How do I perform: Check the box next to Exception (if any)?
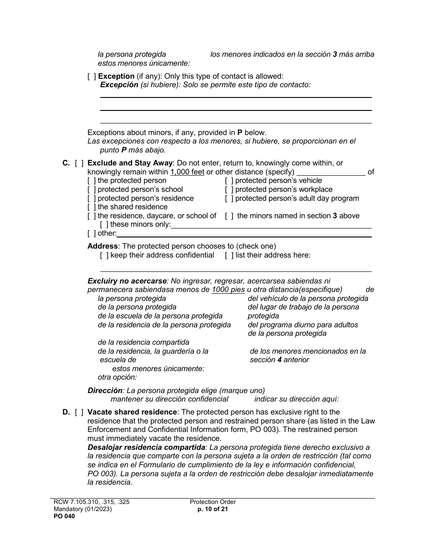coord(92,76)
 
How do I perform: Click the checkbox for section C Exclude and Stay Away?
coord(79,163)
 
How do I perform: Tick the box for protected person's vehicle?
coord(229,181)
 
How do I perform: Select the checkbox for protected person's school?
coord(92,190)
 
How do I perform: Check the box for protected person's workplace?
coord(229,190)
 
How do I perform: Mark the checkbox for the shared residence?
coord(92,207)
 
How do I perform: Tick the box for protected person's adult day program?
coord(229,199)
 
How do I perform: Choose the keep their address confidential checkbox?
coord(104,255)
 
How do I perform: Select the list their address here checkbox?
coord(229,255)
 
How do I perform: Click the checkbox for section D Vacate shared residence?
coord(79,412)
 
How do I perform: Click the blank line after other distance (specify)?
coord(331,172)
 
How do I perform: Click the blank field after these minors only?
coord(271,225)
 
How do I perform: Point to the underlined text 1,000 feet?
coord(187,172)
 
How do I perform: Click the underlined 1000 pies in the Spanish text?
coord(228,290)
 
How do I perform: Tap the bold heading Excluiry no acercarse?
coord(127,281)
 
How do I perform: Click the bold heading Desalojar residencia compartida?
coord(146,448)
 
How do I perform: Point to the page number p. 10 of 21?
coord(212,509)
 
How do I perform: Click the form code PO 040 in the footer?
coord(64,516)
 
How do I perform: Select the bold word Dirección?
coord(105,390)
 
